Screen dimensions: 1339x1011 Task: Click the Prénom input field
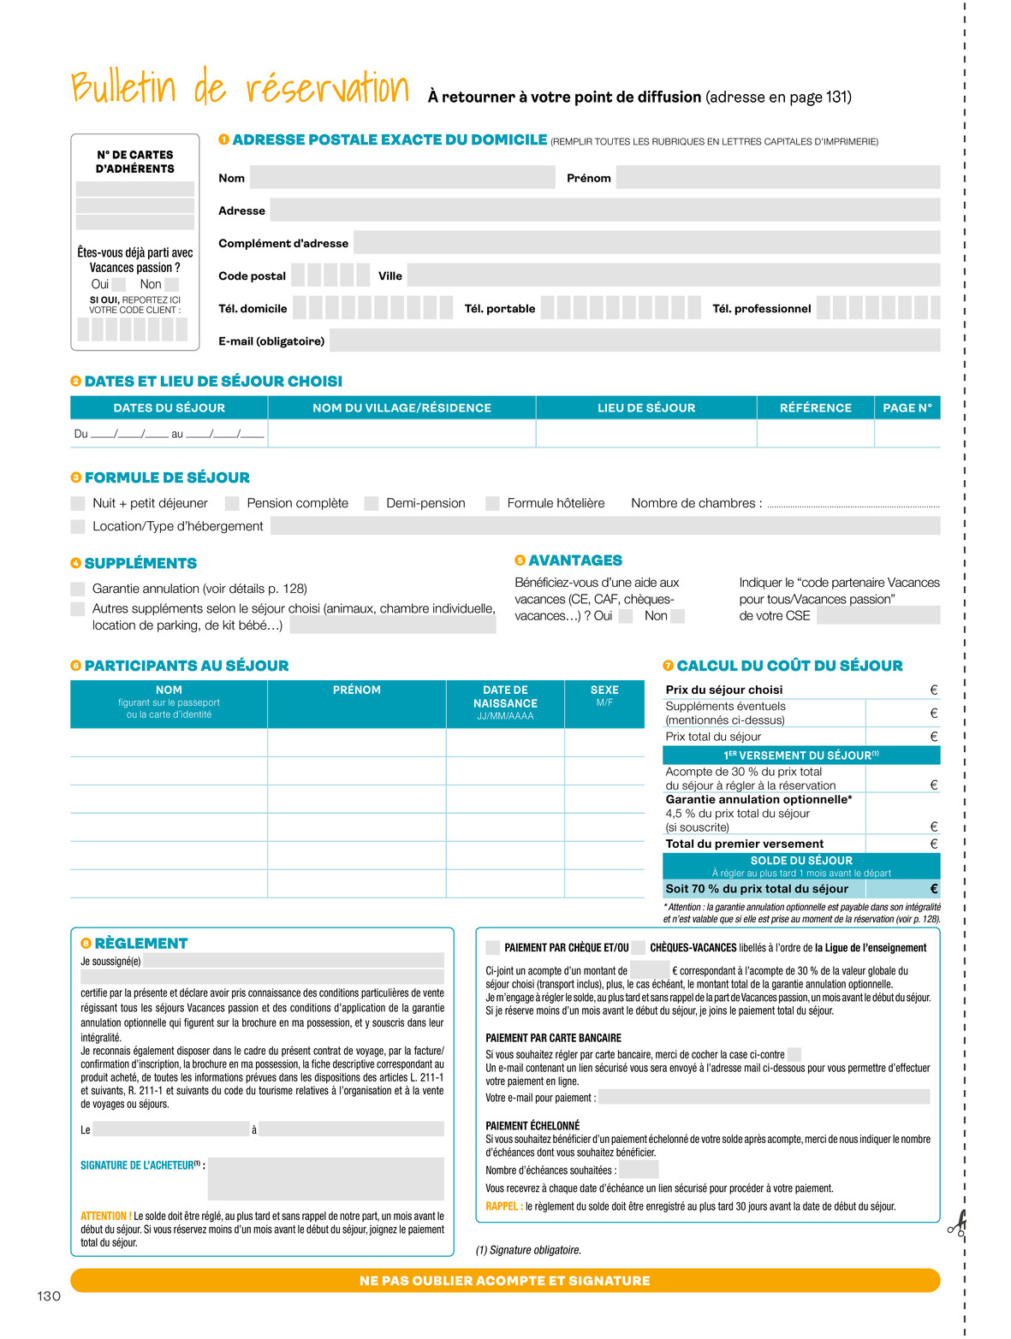tap(777, 177)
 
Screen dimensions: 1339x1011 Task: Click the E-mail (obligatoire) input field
tap(634, 341)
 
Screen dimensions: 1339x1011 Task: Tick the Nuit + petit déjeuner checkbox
tap(78, 503)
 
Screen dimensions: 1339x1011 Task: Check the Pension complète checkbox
tap(232, 503)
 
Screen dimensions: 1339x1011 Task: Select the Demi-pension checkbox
tap(372, 503)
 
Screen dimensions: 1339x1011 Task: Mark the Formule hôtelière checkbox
tap(492, 503)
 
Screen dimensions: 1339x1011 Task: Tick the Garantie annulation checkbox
tap(78, 589)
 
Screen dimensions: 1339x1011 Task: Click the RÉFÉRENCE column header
tap(815, 408)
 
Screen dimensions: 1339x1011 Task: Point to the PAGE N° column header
tap(907, 408)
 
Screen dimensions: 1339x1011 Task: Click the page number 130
tap(49, 1296)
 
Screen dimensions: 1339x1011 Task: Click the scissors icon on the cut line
tap(957, 1225)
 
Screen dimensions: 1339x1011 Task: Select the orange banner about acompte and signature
tap(505, 1281)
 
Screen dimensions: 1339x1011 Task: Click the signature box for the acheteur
tap(325, 1178)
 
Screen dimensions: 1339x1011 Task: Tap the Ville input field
tap(673, 276)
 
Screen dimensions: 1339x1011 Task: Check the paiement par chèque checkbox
tap(492, 947)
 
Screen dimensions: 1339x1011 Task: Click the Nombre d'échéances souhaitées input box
tap(639, 1170)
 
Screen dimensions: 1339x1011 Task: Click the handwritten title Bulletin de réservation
tap(241, 87)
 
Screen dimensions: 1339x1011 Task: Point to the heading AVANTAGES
tap(574, 560)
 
